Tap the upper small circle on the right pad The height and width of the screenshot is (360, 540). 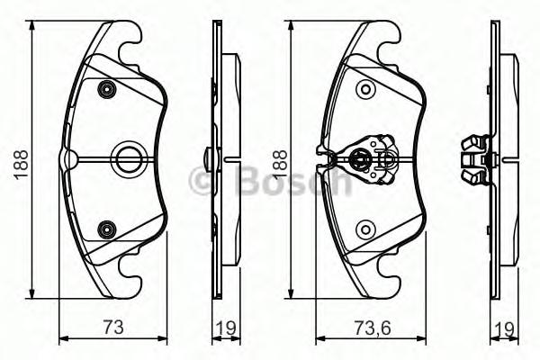click(x=364, y=88)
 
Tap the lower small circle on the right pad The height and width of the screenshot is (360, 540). click(x=364, y=229)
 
